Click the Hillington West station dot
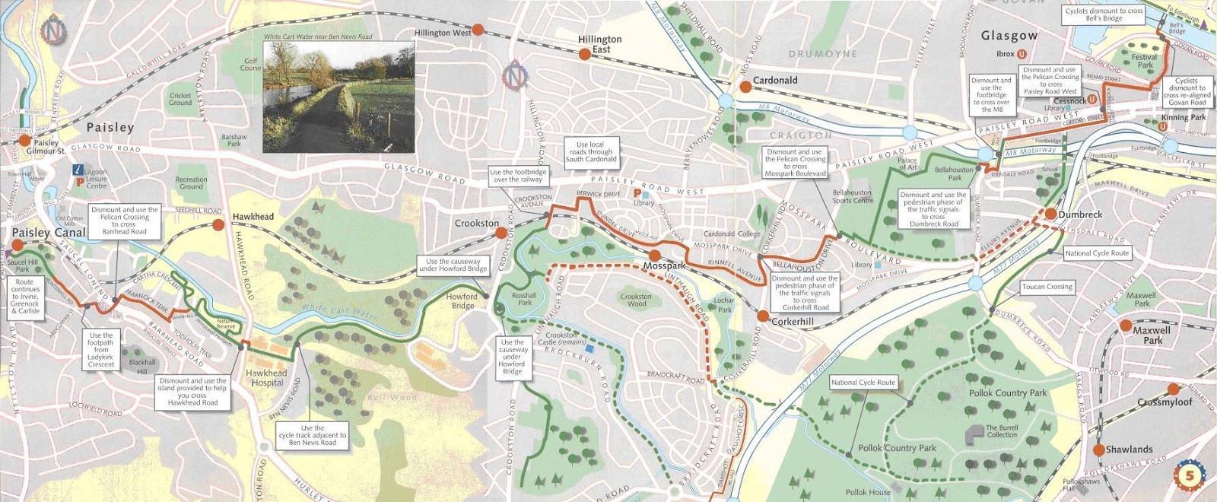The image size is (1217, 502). [x=478, y=30]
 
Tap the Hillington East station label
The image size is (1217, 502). [x=599, y=44]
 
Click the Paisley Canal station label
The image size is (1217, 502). [x=49, y=232]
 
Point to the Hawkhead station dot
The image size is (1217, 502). [x=218, y=224]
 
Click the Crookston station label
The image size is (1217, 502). [x=477, y=223]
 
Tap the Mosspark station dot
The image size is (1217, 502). [x=654, y=256]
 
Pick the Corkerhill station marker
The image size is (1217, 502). [x=763, y=316]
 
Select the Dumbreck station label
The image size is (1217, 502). [x=1080, y=214]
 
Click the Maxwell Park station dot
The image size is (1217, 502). [x=1126, y=326]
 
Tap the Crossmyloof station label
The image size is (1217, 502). [x=1165, y=402]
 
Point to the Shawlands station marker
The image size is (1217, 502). [x=1098, y=450]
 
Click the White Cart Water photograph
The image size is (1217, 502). [x=338, y=97]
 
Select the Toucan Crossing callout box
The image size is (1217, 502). [x=1047, y=287]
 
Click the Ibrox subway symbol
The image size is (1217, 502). [x=1022, y=54]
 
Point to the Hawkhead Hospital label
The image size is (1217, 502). [x=266, y=378]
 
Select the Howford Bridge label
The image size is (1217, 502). [x=462, y=301]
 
